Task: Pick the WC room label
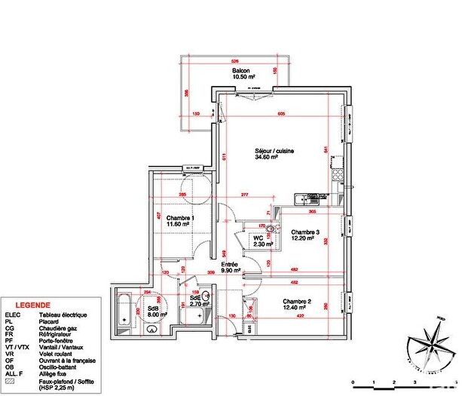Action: tap(259, 240)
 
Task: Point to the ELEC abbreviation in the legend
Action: tap(13, 314)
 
